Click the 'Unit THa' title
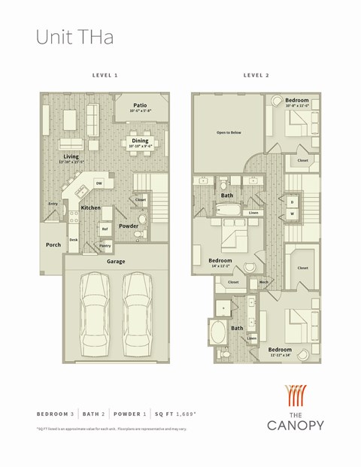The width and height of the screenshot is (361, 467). [x=75, y=38]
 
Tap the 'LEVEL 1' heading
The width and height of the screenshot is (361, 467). [x=105, y=76]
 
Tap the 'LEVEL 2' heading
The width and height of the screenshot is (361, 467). [x=256, y=76]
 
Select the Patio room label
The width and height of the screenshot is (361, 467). [x=140, y=106]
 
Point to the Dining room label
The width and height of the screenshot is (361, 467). [x=140, y=141]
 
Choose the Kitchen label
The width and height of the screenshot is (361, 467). [x=91, y=208]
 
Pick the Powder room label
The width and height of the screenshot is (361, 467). [x=129, y=225]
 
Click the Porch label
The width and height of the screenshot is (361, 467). [x=53, y=244]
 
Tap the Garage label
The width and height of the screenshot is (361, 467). [x=116, y=262]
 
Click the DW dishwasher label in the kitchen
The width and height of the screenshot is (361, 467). [x=99, y=183]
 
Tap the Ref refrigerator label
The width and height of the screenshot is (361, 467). [x=105, y=229]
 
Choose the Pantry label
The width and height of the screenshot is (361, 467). [x=105, y=245]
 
